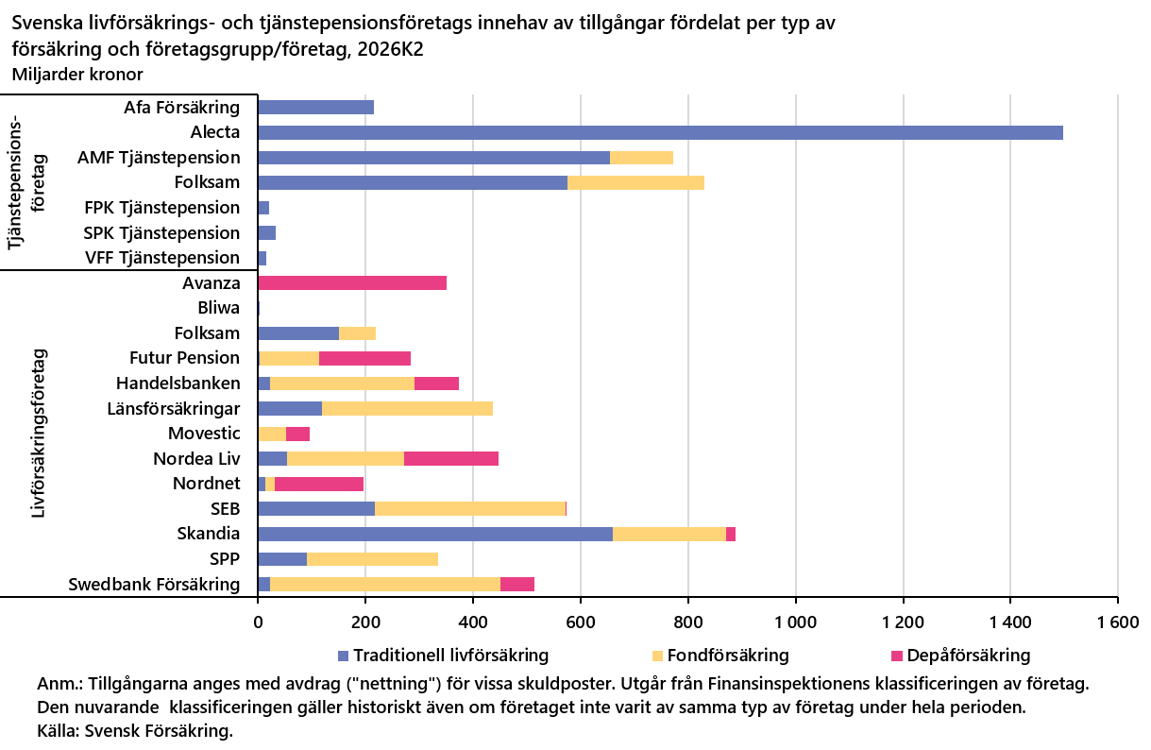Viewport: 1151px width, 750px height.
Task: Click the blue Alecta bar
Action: (660, 132)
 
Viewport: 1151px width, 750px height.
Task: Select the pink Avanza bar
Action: (352, 282)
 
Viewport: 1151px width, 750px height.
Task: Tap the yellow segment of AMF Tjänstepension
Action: (641, 158)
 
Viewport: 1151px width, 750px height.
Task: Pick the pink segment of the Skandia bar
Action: (730, 534)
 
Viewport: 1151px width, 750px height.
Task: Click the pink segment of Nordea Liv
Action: (451, 458)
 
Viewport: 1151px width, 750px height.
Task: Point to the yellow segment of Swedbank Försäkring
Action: (385, 585)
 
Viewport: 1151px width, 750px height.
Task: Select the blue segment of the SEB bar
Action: (316, 509)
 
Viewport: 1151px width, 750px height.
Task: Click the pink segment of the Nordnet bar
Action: (318, 484)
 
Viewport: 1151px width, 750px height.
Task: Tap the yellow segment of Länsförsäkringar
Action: (407, 409)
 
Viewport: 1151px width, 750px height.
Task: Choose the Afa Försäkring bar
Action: (315, 108)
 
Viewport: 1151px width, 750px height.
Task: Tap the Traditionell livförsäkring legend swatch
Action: (344, 656)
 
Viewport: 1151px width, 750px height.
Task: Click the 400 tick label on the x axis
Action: (473, 622)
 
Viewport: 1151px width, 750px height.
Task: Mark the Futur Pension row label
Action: (184, 358)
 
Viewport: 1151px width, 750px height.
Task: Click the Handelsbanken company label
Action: (178, 384)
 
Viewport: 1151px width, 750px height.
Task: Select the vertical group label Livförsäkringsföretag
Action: (39, 433)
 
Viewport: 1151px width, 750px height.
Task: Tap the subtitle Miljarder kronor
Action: (77, 75)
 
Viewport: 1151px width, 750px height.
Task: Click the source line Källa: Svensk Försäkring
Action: (135, 731)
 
